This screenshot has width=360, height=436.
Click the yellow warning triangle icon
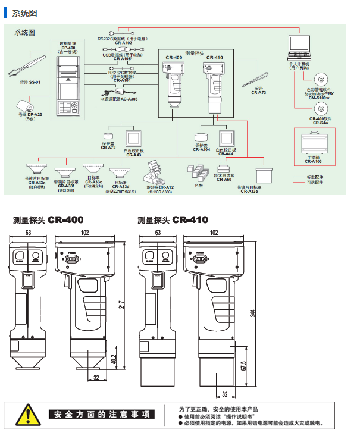(x=27, y=414)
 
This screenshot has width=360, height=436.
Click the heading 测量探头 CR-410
(x=173, y=220)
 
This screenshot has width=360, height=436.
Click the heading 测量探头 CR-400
(x=48, y=220)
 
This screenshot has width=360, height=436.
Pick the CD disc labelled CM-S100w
(x=321, y=79)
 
